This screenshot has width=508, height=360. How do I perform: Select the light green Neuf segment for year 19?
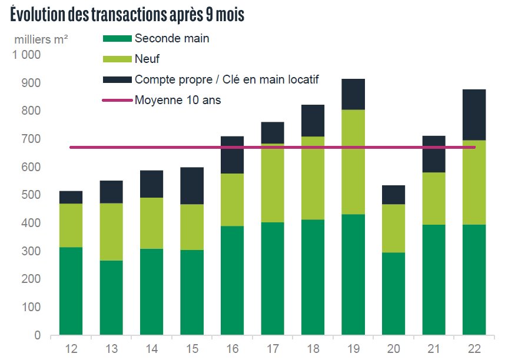pos(353,162)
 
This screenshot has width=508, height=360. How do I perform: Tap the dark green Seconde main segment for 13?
pos(111,297)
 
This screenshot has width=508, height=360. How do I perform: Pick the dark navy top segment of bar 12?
pos(71,197)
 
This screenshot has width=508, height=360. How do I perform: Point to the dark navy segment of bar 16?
pos(233,155)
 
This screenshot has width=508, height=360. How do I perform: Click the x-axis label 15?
pos(192,349)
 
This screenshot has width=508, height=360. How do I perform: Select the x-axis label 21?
pos(434,349)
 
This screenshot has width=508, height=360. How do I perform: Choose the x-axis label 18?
pos(313,349)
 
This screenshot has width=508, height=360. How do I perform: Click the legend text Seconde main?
pos(172,39)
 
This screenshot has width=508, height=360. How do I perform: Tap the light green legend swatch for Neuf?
pos(117,59)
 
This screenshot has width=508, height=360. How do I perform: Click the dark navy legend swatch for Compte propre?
pos(117,79)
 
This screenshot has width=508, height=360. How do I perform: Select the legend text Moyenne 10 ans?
pos(178,100)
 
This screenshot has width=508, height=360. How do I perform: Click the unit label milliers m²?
pos(41,40)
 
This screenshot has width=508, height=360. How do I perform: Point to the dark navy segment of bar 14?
pos(152,184)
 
